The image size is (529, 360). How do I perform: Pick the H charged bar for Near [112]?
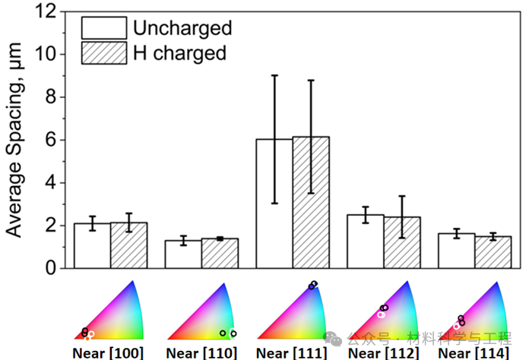[402, 242]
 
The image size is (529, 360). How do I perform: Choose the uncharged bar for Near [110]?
[183, 254]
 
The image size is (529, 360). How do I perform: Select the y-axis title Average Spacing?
[17, 141]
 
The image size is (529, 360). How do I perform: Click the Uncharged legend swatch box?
[104, 29]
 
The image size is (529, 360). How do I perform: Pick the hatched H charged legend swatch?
[104, 53]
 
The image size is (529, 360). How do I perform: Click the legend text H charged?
[180, 53]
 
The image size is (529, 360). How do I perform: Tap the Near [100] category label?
[107, 353]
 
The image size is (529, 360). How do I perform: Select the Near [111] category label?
[292, 353]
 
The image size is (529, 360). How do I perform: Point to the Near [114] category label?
[475, 353]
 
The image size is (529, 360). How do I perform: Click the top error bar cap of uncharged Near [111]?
[274, 75]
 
